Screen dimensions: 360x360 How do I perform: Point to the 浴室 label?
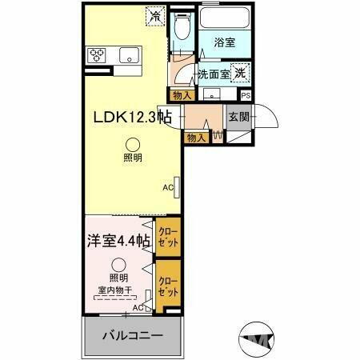pyautogui.click(x=224, y=43)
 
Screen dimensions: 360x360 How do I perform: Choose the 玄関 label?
pyautogui.click(x=238, y=116)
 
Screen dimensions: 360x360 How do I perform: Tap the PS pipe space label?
pyautogui.click(x=245, y=95)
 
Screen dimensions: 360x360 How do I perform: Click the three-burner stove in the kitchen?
pyautogui.click(x=98, y=55)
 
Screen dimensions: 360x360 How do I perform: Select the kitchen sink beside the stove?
pyautogui.click(x=126, y=55)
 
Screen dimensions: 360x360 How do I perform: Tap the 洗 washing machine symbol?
pyautogui.click(x=239, y=71)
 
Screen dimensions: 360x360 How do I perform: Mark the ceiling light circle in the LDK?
pyautogui.click(x=132, y=144)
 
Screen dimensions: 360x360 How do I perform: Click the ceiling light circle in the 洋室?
pyautogui.click(x=119, y=266)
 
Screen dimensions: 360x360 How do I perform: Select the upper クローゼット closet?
pyautogui.click(x=167, y=238)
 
